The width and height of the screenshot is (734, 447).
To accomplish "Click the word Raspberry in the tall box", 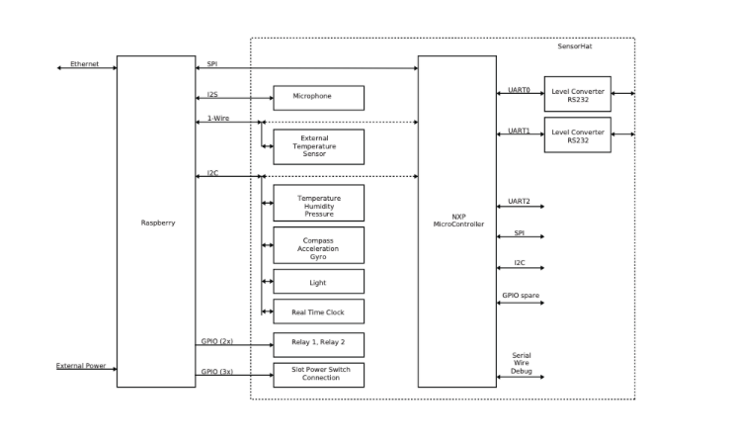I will coord(157,223).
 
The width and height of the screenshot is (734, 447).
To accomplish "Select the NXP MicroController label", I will coord(458,220).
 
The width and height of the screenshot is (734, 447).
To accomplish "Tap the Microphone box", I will coord(318,97).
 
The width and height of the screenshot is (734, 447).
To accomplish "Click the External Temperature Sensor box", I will coord(318,146).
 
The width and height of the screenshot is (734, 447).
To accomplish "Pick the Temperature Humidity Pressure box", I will coord(318,205).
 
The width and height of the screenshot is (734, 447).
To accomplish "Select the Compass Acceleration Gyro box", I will coord(318,247).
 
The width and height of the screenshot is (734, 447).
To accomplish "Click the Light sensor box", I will coord(318,282).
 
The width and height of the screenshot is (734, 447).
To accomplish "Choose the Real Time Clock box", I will coord(318,312).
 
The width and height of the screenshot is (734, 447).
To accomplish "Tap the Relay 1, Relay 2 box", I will coord(318,344).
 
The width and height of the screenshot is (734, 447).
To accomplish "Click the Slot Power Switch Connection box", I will coord(318,375).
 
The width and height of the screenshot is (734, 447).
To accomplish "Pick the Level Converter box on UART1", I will coord(577,135).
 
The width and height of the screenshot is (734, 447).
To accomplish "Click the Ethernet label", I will coord(84,63).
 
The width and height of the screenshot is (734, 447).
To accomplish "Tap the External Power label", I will coord(81,365).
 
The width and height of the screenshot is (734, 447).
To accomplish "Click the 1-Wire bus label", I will coord(217,119).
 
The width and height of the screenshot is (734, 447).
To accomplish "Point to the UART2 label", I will coord(519,201).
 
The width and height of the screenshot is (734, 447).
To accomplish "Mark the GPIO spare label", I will coord(520,295).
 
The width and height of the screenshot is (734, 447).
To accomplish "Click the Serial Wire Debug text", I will coord(521,363).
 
